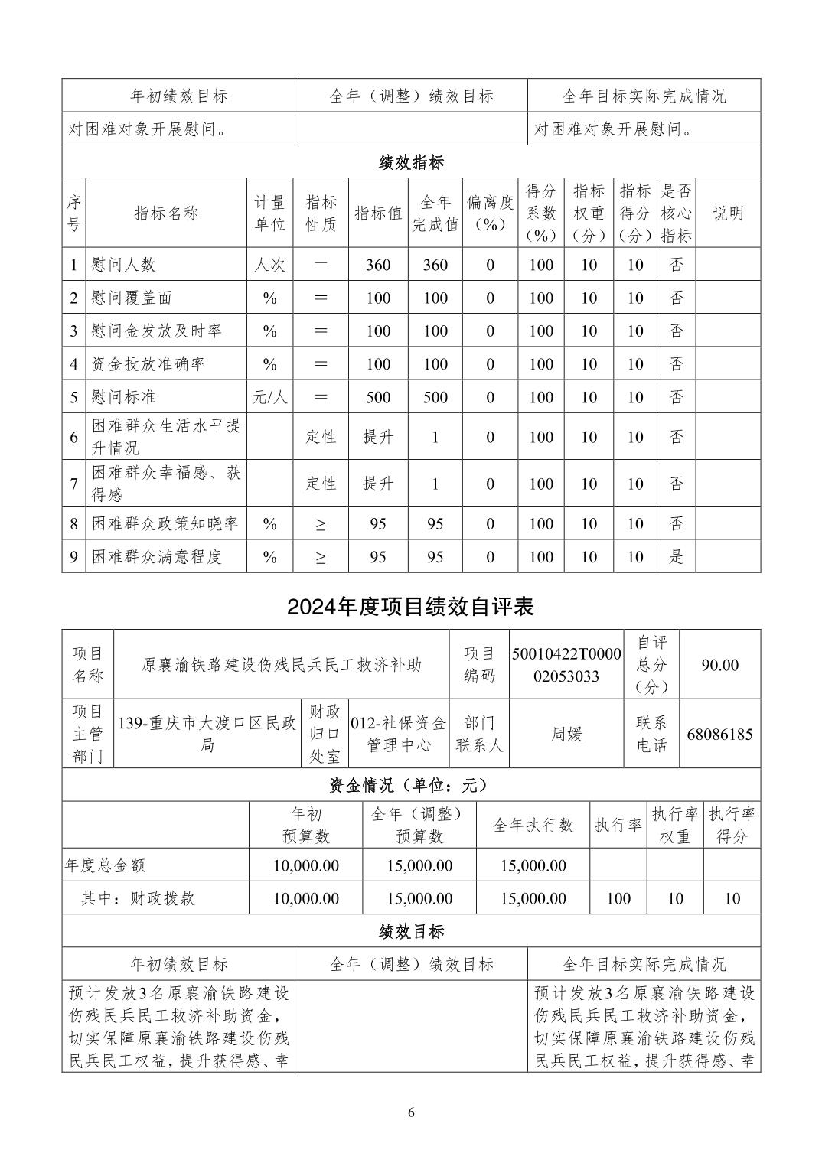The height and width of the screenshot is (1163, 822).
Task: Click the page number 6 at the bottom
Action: coord(411,1113)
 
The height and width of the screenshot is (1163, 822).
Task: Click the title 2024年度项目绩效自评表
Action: coord(410,607)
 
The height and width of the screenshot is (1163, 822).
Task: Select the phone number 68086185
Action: coord(719,734)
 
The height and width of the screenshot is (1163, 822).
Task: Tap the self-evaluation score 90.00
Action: coord(719,665)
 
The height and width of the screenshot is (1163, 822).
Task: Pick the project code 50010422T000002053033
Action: coord(566,665)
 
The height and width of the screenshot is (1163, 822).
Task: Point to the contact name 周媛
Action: coord(566,734)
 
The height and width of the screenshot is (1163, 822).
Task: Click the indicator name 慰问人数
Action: coord(123,265)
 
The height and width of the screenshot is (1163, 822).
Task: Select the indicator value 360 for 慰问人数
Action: coord(378,265)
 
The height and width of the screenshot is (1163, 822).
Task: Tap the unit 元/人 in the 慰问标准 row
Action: coord(269,397)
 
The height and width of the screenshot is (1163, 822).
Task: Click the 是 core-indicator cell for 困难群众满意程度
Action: coord(677,557)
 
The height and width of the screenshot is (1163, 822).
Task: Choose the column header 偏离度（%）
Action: coord(490,213)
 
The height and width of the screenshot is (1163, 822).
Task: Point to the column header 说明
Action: coord(728,213)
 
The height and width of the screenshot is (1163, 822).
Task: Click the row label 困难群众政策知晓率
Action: coord(165,523)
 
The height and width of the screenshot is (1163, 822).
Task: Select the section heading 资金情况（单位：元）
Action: coord(410,785)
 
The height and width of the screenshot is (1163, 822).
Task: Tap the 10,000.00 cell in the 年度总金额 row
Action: coord(305,865)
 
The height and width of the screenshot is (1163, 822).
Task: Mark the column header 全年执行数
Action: coord(533,825)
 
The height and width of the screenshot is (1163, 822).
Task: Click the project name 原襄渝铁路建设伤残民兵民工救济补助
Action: coord(282,665)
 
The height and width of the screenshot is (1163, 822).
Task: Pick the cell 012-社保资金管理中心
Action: coord(398,734)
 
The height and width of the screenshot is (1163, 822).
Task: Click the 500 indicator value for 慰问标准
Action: coord(378,397)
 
